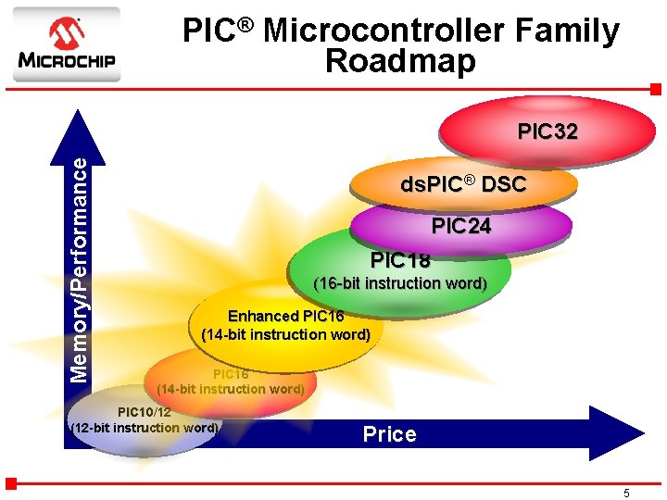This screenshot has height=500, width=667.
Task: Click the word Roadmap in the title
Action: coord(400,61)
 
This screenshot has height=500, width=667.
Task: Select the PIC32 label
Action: coord(547,131)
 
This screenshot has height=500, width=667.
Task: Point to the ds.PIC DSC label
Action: coord(463,184)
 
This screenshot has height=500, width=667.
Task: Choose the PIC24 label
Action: coord(461,226)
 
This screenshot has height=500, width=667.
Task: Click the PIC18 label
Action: coord(400,260)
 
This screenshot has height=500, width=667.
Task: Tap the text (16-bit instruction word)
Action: coord(400,283)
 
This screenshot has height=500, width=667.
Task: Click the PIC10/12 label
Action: coord(145,411)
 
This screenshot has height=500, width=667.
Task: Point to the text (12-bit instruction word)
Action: coord(145,428)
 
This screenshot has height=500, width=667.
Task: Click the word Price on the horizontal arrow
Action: coord(389,434)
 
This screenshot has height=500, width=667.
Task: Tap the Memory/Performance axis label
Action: coord(82,269)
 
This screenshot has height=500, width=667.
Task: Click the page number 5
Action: coord(627,494)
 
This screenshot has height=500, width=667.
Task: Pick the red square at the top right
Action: coord(655,89)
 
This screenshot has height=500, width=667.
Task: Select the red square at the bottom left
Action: coord(11,482)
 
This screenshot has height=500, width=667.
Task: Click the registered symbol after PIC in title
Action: coord(247,23)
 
